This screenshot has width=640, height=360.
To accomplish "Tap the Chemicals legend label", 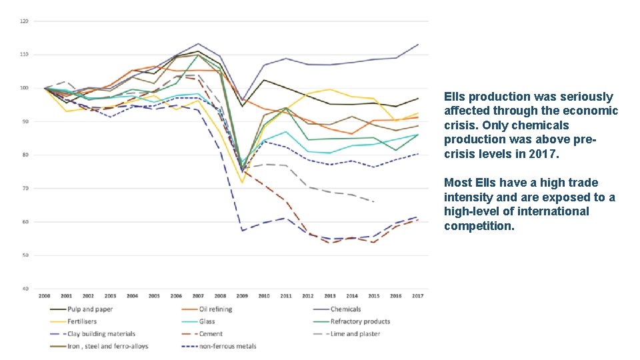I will (x=345, y=309).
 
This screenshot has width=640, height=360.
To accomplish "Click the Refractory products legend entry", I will (x=360, y=321).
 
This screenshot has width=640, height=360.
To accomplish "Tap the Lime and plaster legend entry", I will (x=355, y=334).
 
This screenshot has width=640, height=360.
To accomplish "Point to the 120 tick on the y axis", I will (x=24, y=21).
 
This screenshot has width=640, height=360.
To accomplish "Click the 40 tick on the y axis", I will (x=25, y=289).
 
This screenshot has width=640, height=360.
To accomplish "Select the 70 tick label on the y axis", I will (x=25, y=189).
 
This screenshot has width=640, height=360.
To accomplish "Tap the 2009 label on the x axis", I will (x=242, y=295).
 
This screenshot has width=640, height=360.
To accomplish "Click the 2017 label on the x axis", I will (x=418, y=295).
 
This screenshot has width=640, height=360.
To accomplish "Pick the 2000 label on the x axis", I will (x=45, y=295).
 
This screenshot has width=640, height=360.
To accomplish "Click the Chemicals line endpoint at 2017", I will (x=418, y=45).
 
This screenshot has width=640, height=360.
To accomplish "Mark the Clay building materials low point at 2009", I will (x=242, y=231).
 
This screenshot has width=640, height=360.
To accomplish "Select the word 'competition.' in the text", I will (x=479, y=226).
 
